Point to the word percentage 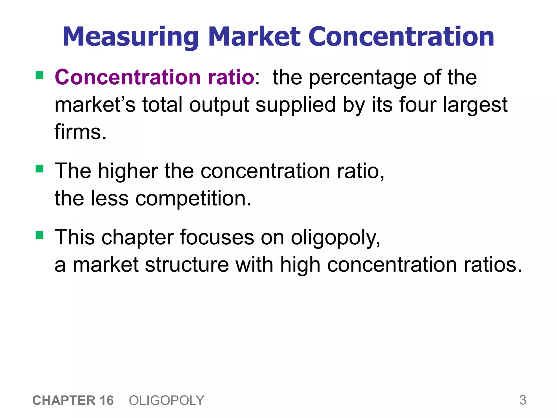pos(363,78)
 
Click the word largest pos(475,105)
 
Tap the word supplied pos(296,105)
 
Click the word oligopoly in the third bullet pos(335,238)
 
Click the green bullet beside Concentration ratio pos(39,75)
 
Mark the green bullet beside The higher pos(39,169)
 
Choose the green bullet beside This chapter pos(39,235)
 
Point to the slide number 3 pos(523,400)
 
